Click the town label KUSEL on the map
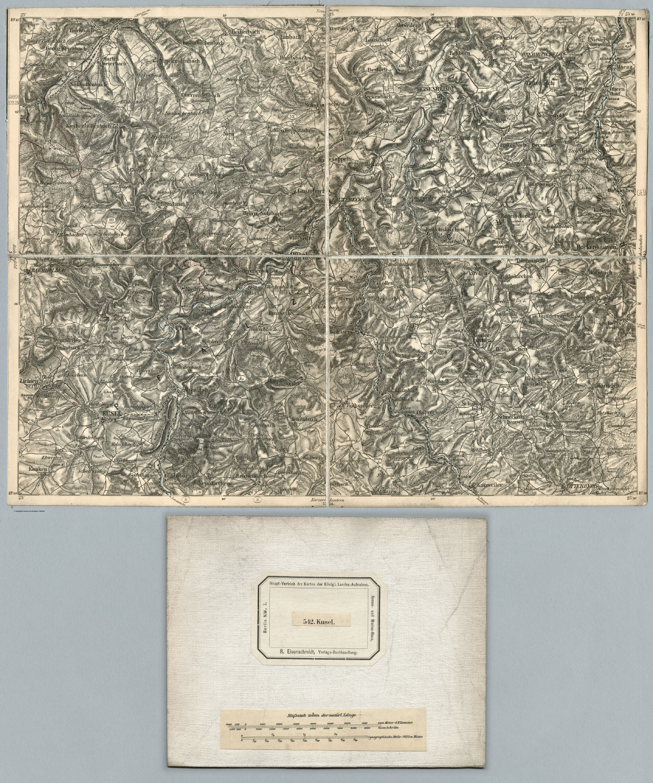111,413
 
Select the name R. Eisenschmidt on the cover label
299,652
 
